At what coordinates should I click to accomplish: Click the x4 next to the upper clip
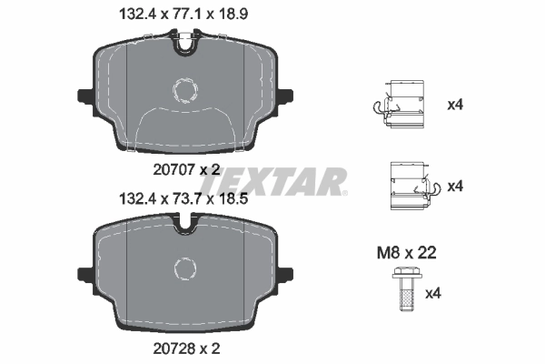456,105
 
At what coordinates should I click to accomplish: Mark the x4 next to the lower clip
456,186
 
